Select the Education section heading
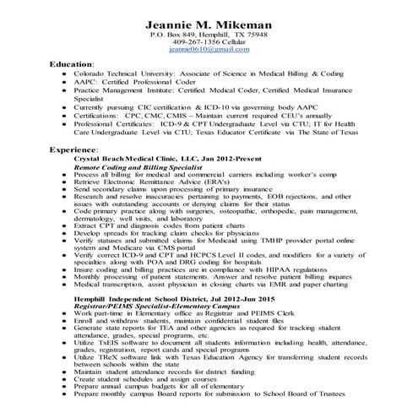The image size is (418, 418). click(73, 64)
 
